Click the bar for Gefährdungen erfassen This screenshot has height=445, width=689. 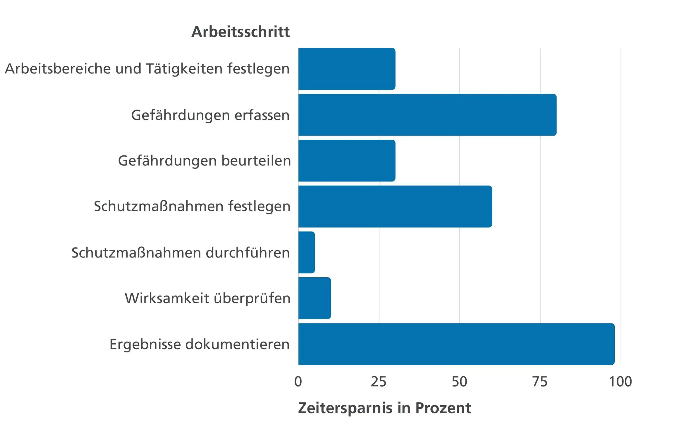[x=427, y=115]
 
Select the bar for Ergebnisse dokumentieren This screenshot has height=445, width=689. [x=456, y=344]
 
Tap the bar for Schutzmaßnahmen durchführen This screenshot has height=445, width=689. [x=306, y=252]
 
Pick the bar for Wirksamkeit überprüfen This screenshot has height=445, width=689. [x=315, y=298]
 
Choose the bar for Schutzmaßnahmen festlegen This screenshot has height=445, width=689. [x=395, y=207]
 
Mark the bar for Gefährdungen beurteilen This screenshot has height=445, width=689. [x=347, y=161]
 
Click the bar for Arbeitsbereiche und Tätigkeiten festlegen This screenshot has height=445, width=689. [x=347, y=69]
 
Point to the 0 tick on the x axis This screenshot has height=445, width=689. [x=298, y=382]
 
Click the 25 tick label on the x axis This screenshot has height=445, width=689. [x=379, y=382]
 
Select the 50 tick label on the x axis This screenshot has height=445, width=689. [x=459, y=382]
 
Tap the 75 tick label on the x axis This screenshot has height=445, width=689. [x=540, y=382]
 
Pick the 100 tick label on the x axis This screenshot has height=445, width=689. [x=620, y=382]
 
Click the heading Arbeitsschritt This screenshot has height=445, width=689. [x=240, y=32]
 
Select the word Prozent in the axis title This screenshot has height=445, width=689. [x=443, y=408]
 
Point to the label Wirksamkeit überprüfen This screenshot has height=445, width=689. [x=207, y=298]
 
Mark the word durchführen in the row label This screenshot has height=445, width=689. [x=248, y=253]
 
